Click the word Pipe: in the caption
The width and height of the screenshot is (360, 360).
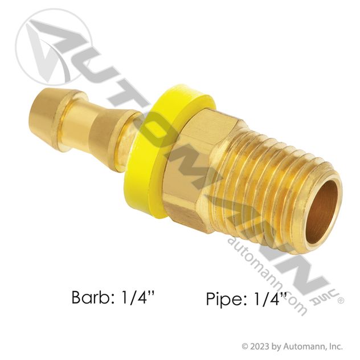tap(227, 298)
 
